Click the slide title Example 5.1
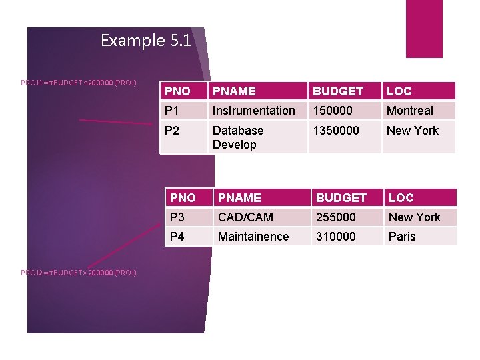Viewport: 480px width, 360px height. tap(146, 41)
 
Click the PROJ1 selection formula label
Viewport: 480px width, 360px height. tap(79, 83)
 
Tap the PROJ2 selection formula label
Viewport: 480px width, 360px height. tap(79, 272)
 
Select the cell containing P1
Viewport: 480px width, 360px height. tap(173, 111)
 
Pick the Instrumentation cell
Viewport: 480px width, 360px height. tap(253, 111)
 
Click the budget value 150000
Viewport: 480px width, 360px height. tap(333, 111)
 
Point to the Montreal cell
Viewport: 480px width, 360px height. tap(410, 111)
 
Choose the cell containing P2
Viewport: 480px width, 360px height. tap(173, 131)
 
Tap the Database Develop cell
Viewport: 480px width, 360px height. tap(238, 137)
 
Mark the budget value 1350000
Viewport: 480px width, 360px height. tap(336, 131)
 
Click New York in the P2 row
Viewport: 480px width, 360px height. tap(413, 131)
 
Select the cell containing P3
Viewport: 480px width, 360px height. tap(179, 217)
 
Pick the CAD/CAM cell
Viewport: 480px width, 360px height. tap(246, 217)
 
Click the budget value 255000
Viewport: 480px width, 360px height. tap(336, 217)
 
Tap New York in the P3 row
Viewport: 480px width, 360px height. tap(415, 217)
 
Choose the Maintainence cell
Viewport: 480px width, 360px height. tap(253, 237)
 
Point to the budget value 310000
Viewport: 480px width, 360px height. tap(336, 237)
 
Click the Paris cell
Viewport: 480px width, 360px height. tap(402, 237)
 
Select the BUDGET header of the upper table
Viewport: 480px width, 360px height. tap(338, 91)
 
